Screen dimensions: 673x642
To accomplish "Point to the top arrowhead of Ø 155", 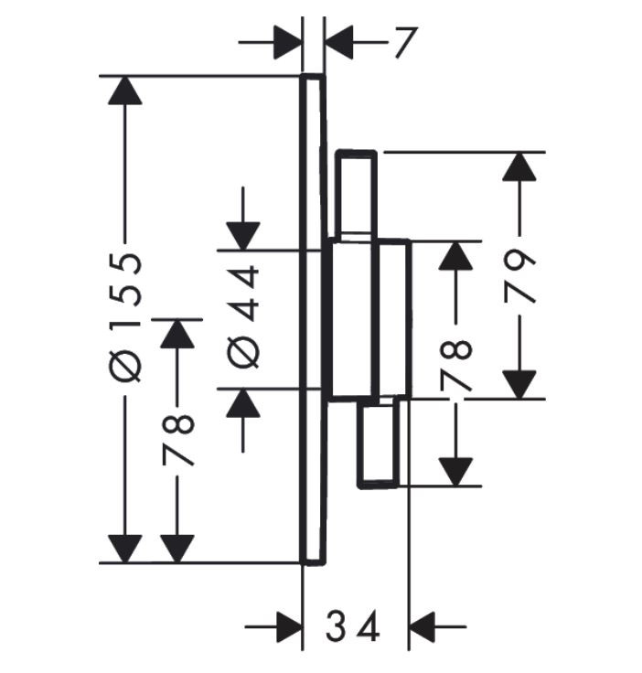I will coord(124,92).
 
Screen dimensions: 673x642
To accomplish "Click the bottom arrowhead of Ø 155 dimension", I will coord(124,547).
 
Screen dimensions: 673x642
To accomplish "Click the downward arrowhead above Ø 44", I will coord(243,232).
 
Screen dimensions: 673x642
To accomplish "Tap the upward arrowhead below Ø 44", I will coord(243,403).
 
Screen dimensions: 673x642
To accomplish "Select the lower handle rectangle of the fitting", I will coord(378,443).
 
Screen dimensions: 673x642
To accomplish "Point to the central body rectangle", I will coord(368,319).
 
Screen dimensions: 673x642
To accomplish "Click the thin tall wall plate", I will coord(312,320).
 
